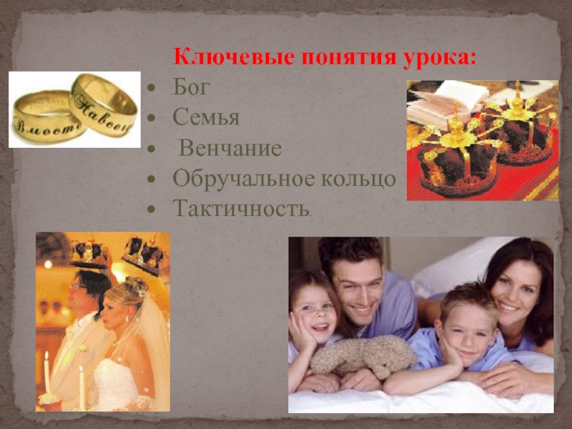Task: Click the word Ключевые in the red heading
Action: (x=235, y=57)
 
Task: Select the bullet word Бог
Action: (x=191, y=87)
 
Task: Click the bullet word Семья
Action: (x=206, y=117)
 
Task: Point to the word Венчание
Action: (x=230, y=148)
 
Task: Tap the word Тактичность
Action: (x=241, y=208)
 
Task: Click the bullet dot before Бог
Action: (x=151, y=88)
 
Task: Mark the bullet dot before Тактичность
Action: (x=151, y=209)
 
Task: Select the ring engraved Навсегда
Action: (x=104, y=106)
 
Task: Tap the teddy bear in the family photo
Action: (x=363, y=355)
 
